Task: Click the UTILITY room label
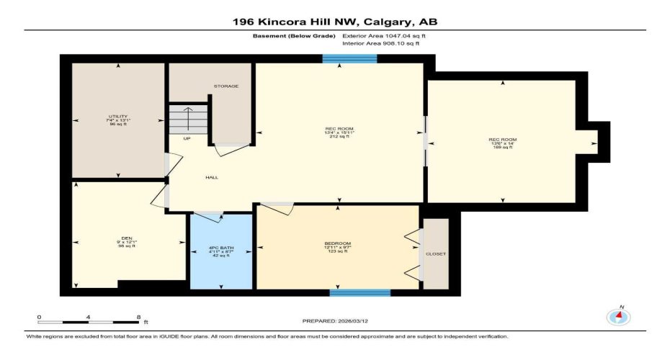point(117,117)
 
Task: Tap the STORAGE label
point(225,86)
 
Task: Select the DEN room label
point(126,238)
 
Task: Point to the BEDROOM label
point(337,243)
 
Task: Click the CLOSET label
point(436,254)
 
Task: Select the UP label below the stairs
point(187,138)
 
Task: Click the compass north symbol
point(617,315)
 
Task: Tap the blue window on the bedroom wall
point(360,292)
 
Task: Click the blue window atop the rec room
point(349,59)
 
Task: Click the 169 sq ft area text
point(501,148)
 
